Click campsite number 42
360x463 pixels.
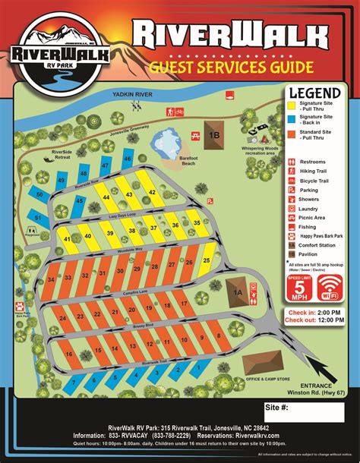pos(152,193)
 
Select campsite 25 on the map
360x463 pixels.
pos(207,260)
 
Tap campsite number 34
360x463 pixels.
pos(51,279)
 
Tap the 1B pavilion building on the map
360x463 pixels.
pos(214,135)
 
